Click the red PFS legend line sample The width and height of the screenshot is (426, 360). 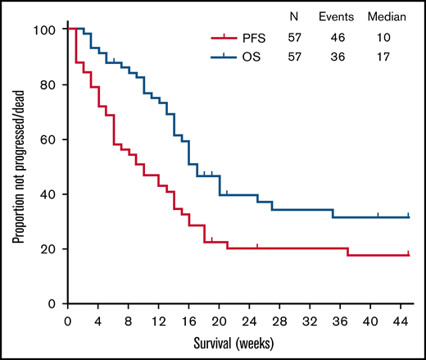coord(224,37)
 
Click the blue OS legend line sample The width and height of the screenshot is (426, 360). coord(224,57)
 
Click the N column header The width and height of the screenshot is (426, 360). coord(294,16)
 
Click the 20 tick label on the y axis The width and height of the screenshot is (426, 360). coord(49,249)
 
